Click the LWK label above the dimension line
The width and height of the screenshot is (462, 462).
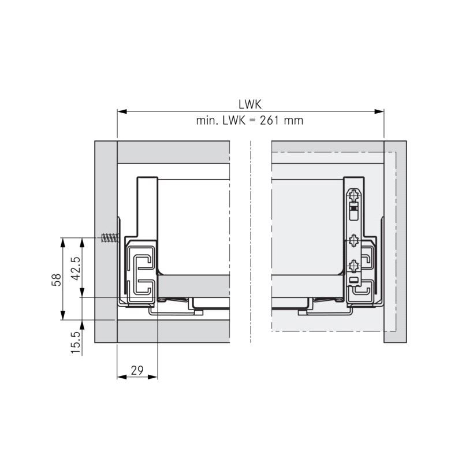point(250,105)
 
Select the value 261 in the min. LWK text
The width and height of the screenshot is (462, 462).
point(269,121)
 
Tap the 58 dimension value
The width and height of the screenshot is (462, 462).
point(56,280)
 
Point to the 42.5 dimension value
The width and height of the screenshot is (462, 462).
point(76,269)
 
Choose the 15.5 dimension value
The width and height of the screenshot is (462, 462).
point(76,342)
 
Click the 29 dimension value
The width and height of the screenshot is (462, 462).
point(137,370)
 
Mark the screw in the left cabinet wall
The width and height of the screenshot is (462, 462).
point(110,237)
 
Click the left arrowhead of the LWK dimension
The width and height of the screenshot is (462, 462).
point(122,111)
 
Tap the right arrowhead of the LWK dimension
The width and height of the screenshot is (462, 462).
point(379,111)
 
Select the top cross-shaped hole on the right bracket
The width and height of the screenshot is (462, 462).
point(353,195)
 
